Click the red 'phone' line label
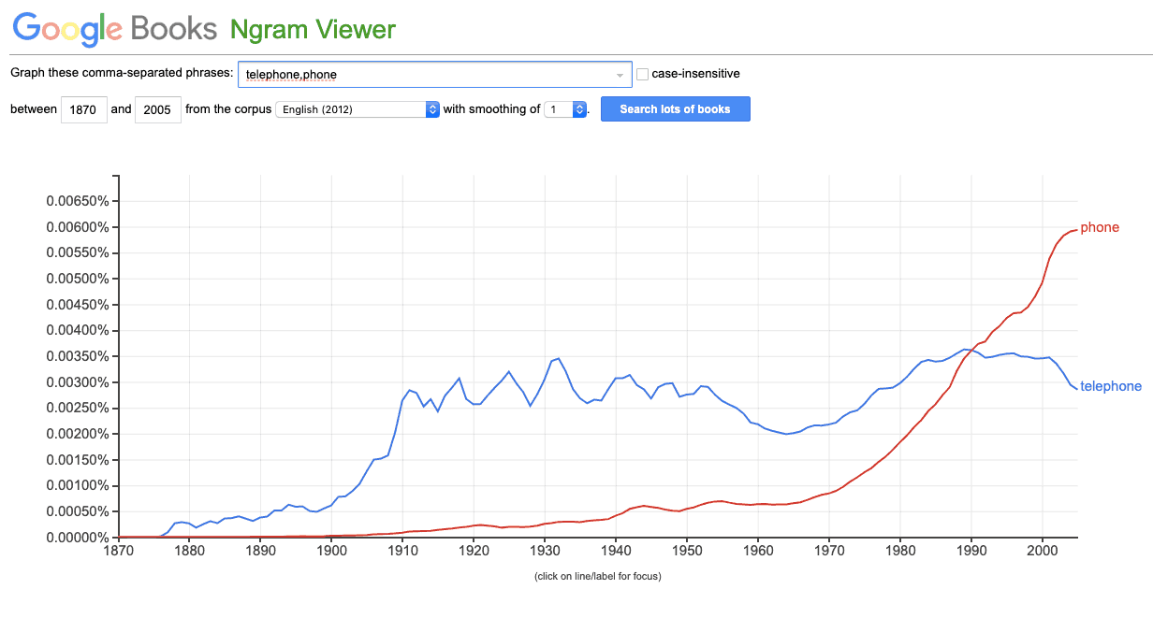click(x=1100, y=227)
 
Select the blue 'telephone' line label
click(x=1111, y=386)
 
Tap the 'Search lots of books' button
click(x=675, y=108)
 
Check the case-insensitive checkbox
click(x=642, y=74)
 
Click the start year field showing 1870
click(x=85, y=109)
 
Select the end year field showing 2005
click(x=157, y=109)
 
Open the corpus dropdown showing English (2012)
click(x=358, y=109)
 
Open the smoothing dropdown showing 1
click(x=565, y=109)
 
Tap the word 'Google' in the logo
click(x=67, y=29)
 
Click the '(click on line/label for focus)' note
click(x=597, y=576)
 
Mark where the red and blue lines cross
click(x=972, y=351)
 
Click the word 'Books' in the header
click(x=174, y=29)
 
